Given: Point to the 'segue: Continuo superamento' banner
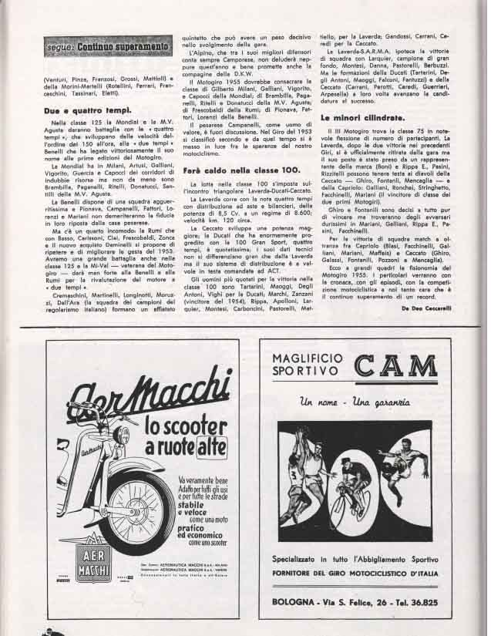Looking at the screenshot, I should [107, 48].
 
